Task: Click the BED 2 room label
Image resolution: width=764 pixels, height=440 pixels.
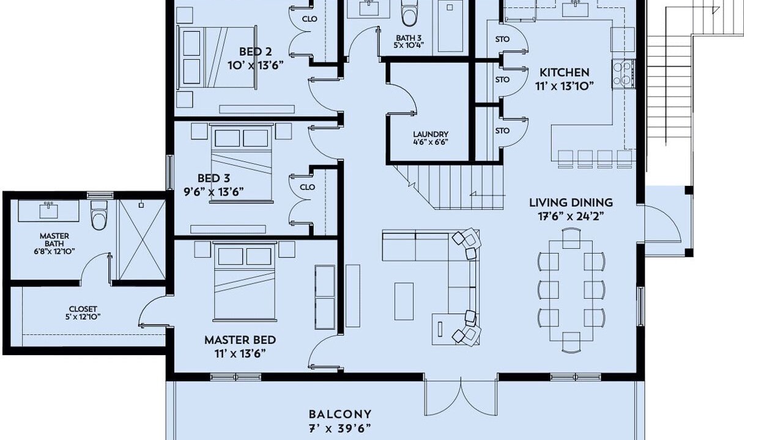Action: coord(256,52)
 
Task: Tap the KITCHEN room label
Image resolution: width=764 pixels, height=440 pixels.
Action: coord(565,73)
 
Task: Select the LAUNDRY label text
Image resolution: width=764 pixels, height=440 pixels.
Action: coord(431,134)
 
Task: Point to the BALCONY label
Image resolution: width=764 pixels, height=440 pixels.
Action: coord(339,414)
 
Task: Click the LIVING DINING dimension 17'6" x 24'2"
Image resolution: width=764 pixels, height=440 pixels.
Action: coord(571,216)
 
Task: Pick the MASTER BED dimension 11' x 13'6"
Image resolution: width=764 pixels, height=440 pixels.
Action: coord(240,354)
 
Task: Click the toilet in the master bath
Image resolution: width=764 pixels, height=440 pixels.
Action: coord(99,215)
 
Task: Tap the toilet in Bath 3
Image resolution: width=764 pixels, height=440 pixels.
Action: coord(409,13)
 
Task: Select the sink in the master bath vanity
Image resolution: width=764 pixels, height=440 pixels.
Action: coord(49,210)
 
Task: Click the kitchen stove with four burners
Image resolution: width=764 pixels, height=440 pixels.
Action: coord(624,75)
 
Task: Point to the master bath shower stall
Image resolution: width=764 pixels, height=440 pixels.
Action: coord(141,240)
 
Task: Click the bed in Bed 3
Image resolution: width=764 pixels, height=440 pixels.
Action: coord(241,164)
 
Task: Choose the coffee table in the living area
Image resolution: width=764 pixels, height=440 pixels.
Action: coord(404,301)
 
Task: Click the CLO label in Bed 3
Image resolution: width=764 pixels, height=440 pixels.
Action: coord(307,187)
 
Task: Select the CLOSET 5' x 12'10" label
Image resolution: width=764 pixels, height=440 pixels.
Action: coord(83,313)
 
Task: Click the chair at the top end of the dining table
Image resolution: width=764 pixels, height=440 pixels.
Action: coord(571,238)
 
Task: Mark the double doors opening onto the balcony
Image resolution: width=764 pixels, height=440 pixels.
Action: coord(461,397)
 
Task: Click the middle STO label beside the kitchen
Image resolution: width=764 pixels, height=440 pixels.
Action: coord(502,79)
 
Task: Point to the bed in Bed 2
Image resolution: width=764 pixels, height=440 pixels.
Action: coord(217,57)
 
